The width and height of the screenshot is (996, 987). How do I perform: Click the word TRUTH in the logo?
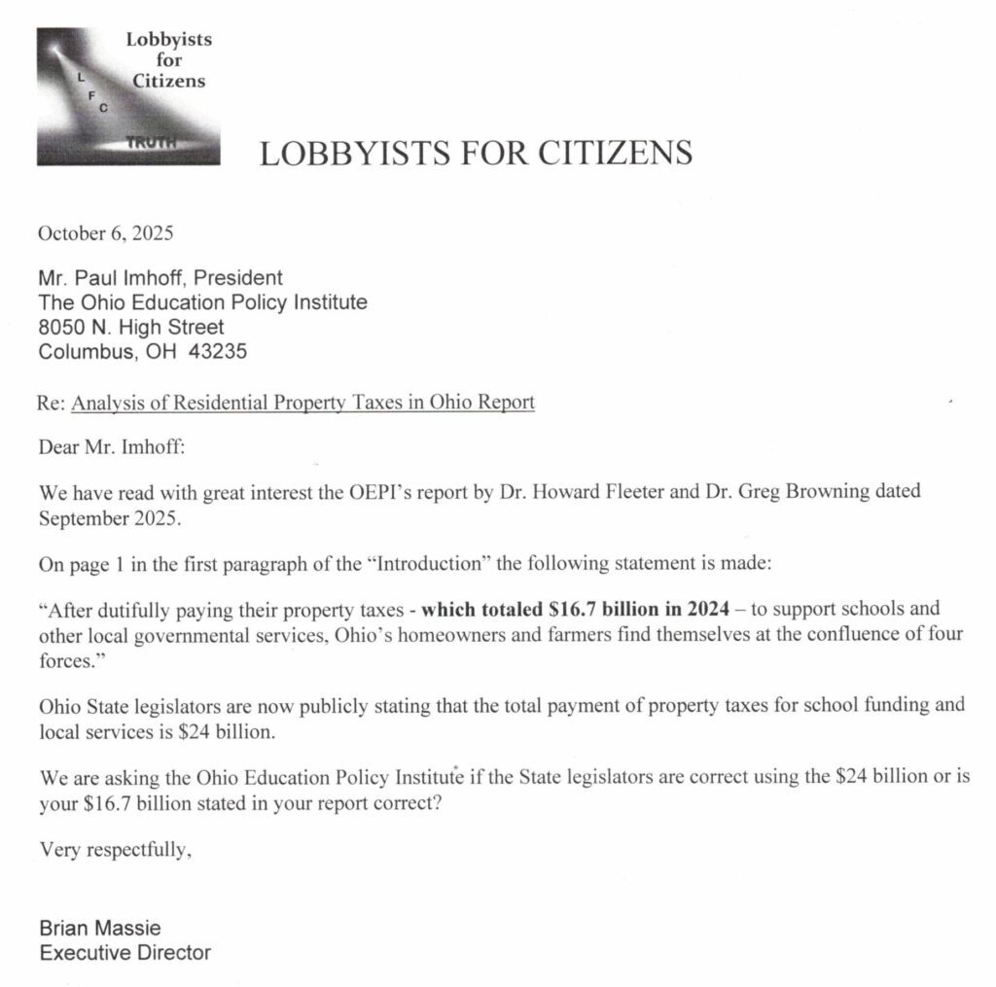click(153, 143)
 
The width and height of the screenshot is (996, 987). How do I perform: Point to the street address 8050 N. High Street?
click(130, 328)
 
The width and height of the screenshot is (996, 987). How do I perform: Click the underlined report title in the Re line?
click(303, 402)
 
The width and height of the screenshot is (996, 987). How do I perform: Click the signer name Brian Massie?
click(100, 927)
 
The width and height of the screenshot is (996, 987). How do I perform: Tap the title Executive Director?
click(124, 952)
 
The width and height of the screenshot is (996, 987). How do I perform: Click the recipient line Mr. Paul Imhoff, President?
click(160, 278)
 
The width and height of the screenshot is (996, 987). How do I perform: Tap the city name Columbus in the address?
click(81, 352)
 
